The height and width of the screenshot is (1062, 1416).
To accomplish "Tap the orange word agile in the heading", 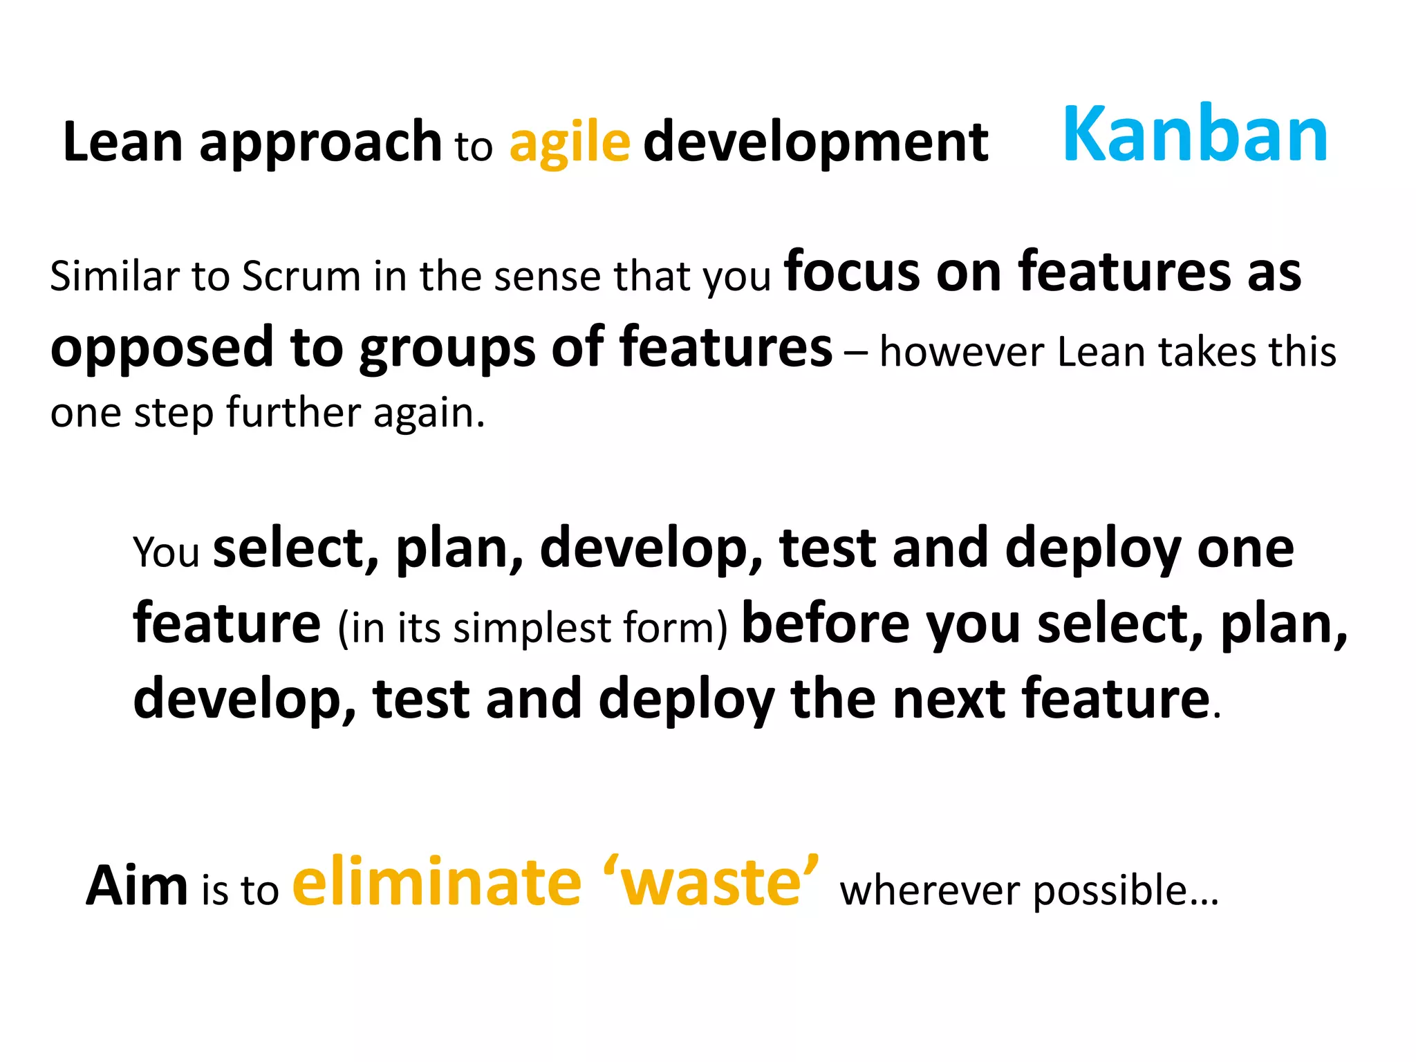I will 570,143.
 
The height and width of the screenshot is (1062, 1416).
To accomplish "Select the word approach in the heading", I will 320,143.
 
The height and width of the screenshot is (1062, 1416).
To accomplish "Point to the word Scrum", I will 301,277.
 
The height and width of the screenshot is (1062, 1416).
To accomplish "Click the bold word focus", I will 852,272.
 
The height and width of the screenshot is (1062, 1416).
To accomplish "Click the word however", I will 962,352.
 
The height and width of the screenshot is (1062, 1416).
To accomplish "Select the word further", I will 293,413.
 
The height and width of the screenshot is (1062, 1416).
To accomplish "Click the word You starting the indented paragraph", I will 166,552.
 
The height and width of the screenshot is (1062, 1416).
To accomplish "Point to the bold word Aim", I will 137,886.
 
